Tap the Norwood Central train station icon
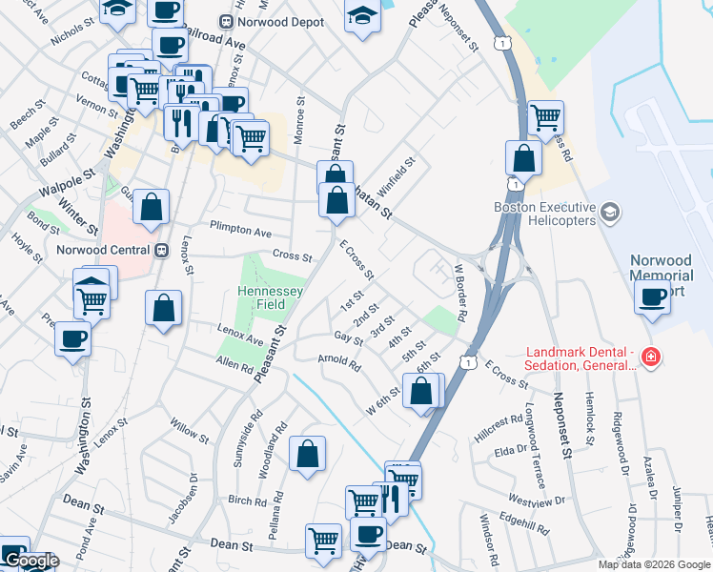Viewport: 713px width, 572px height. (x=161, y=250)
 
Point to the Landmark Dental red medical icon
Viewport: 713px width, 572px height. (x=651, y=357)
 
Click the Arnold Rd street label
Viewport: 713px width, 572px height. (x=339, y=362)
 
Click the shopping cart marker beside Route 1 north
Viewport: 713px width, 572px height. (x=545, y=118)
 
